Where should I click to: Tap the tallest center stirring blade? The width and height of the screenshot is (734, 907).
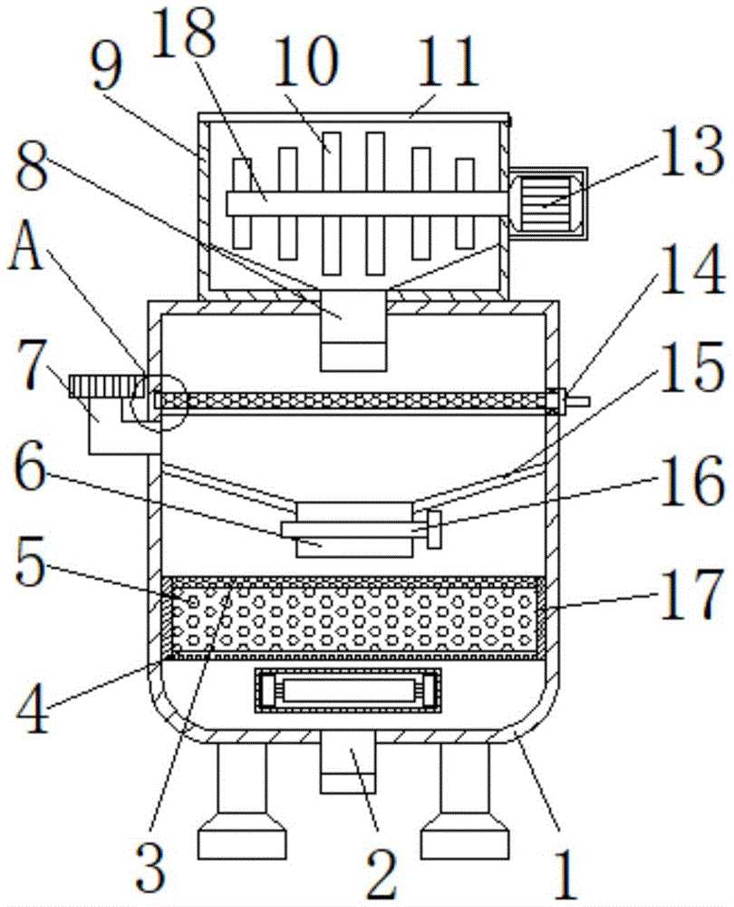(x=332, y=203)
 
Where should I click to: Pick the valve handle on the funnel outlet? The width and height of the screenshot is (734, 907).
(x=432, y=529)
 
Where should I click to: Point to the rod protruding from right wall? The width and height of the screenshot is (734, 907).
(x=576, y=400)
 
